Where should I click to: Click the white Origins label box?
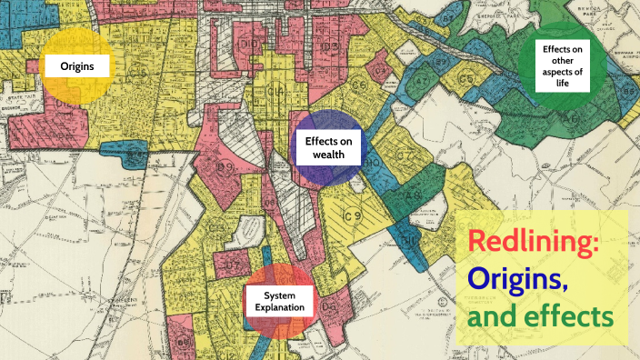click(78, 65)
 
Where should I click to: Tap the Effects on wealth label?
click(327, 147)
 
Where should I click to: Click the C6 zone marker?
click(359, 86)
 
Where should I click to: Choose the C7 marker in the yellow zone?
click(234, 265)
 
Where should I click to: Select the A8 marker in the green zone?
click(411, 194)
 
